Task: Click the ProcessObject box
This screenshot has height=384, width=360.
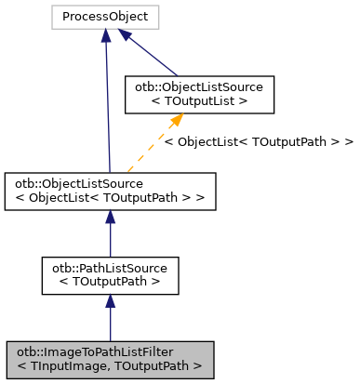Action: point(105,16)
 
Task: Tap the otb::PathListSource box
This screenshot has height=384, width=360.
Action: point(110,272)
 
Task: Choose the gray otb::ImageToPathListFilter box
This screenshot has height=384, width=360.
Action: point(110,360)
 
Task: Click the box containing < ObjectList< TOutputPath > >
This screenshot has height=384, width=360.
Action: point(110,189)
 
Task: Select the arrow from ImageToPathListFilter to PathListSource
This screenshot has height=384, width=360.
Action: point(110,321)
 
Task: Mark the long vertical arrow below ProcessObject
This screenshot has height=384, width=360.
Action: point(108,102)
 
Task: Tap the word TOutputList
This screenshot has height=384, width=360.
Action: point(215,100)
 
